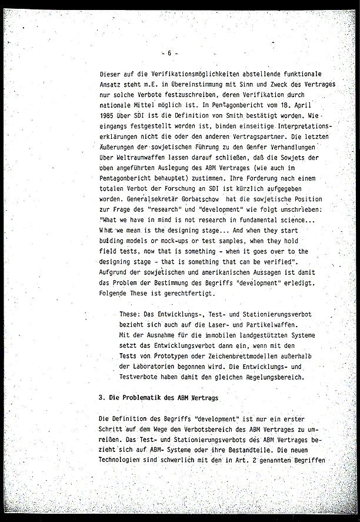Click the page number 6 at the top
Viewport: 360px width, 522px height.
pos(169,53)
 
